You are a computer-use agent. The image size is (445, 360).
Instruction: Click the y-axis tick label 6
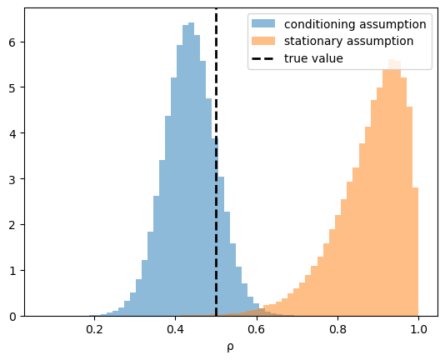[x=12, y=42]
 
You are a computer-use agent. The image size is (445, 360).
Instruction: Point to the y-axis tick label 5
[x=12, y=87]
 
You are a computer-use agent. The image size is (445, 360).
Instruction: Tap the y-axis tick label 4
[x=12, y=133]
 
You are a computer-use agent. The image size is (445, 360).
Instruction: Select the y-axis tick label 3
[x=12, y=179]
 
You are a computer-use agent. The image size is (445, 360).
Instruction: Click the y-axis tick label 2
[x=12, y=225]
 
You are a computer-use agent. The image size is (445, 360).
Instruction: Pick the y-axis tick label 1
[x=12, y=271]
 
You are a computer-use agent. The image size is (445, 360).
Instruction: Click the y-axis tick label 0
[x=12, y=317]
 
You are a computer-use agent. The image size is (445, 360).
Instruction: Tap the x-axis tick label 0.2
[x=94, y=329]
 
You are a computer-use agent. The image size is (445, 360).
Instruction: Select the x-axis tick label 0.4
[x=175, y=329]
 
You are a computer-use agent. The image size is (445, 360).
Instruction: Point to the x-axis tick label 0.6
[x=257, y=329]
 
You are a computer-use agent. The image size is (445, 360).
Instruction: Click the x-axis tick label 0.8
[x=337, y=329]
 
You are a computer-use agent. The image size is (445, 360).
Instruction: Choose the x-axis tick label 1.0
[x=418, y=329]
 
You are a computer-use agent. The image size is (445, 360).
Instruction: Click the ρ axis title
[x=231, y=347]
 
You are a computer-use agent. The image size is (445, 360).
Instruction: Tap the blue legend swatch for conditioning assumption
[x=263, y=23]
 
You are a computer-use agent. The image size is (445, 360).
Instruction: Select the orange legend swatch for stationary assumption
[x=263, y=41]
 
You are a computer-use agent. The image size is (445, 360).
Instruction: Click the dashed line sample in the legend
[x=263, y=59]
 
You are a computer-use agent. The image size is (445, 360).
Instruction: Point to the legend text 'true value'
[x=313, y=58]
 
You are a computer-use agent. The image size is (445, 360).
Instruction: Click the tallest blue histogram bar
[x=192, y=169]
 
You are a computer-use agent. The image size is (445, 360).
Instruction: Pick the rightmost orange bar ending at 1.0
[x=416, y=252]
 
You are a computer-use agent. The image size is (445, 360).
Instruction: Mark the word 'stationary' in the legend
[x=313, y=42]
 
